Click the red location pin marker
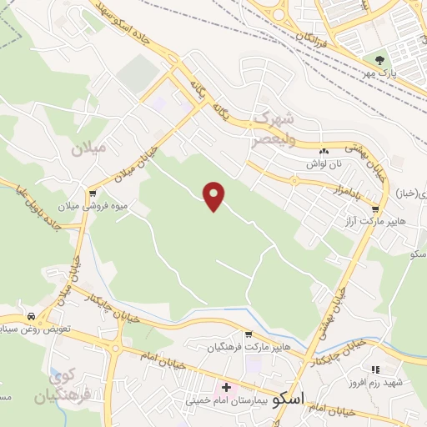click(x=214, y=195)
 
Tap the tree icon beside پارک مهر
click(x=380, y=59)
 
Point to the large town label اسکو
click(x=289, y=397)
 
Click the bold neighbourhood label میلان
click(x=89, y=150)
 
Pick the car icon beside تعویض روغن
click(x=31, y=317)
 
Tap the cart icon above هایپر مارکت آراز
click(x=376, y=209)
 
